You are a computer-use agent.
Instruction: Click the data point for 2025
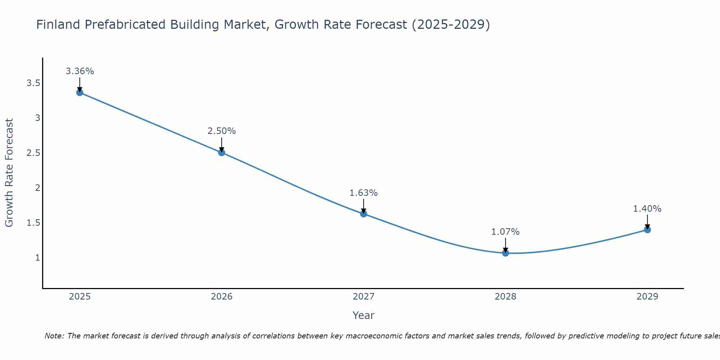pos(80,93)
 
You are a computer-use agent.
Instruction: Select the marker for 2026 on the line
pos(222,153)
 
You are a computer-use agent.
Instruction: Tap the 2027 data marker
pos(364,214)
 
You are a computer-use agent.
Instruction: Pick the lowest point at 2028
pos(505,253)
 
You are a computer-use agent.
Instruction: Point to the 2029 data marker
pos(647,230)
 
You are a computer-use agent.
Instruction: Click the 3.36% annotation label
pos(80,71)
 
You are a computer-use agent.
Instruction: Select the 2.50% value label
pos(222,131)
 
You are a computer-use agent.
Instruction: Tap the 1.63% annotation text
pos(364,193)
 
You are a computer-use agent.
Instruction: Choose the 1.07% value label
pos(505,232)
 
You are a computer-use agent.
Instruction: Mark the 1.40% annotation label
pos(647,209)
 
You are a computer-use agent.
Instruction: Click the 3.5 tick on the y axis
pos(33,84)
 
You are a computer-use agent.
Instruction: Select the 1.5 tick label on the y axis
pos(33,223)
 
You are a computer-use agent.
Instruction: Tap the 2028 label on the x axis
pos(505,297)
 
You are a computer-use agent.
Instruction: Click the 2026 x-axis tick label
pos(222,297)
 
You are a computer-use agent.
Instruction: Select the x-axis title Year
pos(364,315)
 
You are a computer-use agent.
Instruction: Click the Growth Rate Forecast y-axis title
pos(9,172)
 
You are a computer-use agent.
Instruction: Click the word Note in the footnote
pos(54,336)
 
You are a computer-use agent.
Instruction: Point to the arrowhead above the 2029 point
pos(647,227)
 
